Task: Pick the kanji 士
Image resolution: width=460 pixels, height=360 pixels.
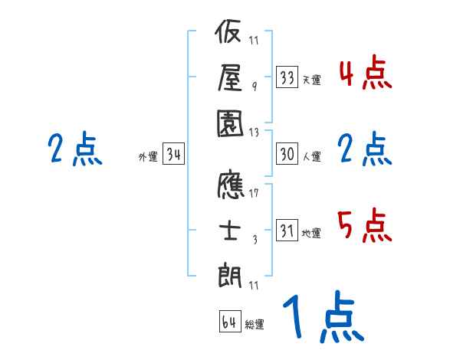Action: coord(231,230)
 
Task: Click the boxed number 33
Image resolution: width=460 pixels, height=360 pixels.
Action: coord(287,77)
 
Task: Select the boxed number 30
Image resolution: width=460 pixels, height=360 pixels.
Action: coord(287,154)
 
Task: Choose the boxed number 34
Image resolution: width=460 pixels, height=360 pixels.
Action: coord(173,155)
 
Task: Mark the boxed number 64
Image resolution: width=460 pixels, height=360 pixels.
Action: coord(229,321)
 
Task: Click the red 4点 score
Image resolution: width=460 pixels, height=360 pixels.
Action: coord(365,74)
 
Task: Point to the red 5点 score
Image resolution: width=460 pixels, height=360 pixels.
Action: coord(365,227)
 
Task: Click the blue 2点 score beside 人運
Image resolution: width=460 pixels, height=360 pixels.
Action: coord(365,149)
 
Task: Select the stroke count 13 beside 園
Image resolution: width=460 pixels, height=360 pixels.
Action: coord(254,132)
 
